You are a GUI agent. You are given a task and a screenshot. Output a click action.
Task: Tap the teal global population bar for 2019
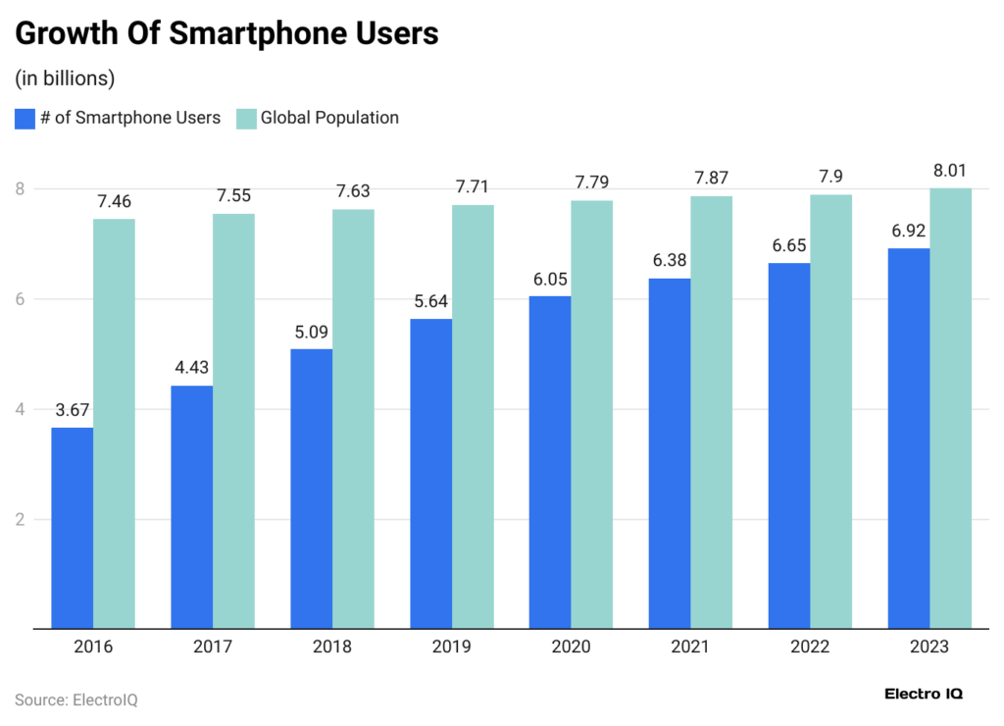(473, 416)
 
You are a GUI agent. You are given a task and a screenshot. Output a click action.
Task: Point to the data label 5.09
(312, 332)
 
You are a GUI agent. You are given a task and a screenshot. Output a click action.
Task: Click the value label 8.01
(950, 171)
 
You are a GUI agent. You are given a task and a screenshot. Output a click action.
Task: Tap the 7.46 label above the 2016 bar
(114, 201)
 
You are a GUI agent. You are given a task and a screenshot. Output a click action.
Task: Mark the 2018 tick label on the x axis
(331, 648)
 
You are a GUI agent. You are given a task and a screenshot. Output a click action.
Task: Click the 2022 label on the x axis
(809, 648)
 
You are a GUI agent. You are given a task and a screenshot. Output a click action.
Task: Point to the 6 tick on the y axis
(21, 299)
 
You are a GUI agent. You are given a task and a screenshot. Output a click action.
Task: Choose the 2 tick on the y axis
(21, 519)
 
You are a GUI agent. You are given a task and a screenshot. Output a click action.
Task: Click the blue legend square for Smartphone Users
(25, 119)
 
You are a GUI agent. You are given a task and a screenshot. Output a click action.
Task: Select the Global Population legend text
(328, 118)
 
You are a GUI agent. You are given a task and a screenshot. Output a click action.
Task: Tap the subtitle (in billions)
(66, 77)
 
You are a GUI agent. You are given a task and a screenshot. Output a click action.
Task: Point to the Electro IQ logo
(923, 694)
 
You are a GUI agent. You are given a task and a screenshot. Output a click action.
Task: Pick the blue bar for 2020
(550, 462)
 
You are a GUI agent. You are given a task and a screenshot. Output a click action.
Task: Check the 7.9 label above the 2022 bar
(830, 177)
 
